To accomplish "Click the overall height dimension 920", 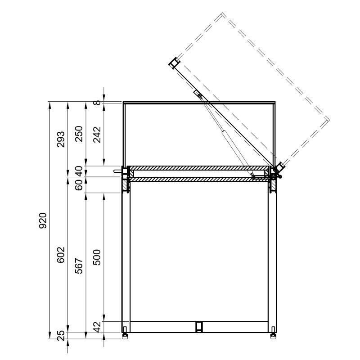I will pos(43,220).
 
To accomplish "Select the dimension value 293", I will pos(62,139).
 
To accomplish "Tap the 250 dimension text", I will pos(80,134).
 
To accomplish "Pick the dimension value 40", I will pos(80,171).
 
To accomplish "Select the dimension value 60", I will pos(80,185).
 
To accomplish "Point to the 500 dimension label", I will pos(98,256).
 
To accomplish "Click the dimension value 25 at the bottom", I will pos(62,335).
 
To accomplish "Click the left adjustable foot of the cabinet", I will pos(125,335).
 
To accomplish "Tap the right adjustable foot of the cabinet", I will pos(273,335).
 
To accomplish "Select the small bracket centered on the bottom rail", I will pos(198,326).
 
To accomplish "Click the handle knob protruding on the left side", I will pos(118,171).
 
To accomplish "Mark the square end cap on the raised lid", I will pos(174,63).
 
